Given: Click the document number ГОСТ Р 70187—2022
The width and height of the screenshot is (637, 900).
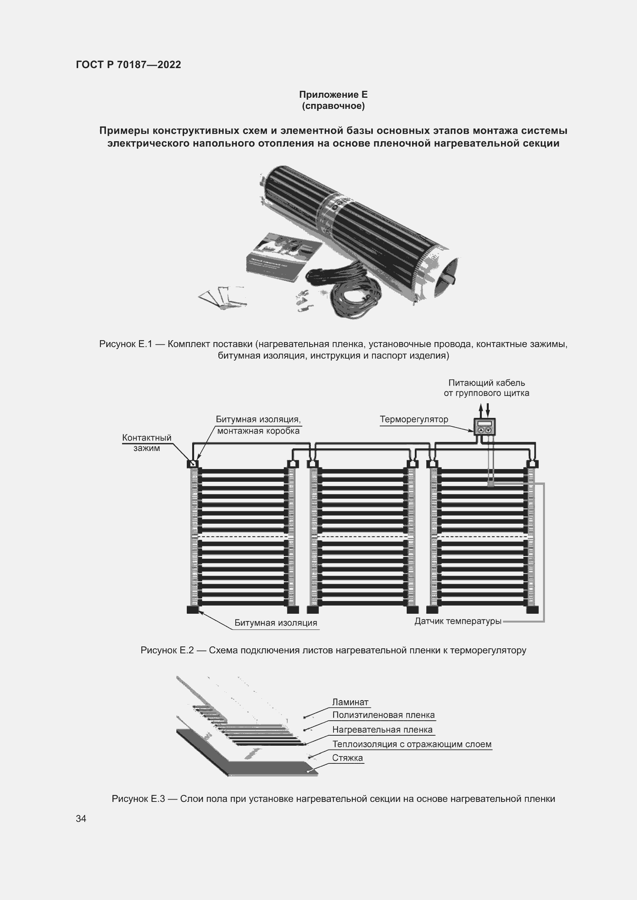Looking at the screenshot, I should click(128, 65).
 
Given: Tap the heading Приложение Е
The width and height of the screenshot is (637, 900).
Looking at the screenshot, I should click(333, 95).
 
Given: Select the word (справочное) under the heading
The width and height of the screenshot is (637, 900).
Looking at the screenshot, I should click(333, 106).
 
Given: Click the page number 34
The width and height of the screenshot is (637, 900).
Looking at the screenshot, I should click(81, 818).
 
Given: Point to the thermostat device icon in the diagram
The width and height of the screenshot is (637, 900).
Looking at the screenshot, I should click(484, 427).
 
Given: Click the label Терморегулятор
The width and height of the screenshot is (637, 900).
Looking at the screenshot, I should click(414, 419).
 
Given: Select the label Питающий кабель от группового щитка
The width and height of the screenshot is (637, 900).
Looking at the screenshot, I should click(486, 388).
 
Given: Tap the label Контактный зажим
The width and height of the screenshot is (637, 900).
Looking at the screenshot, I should click(147, 442).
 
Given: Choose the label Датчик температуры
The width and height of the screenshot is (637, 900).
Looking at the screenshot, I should click(458, 621).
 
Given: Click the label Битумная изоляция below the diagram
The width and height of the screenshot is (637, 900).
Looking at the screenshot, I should click(276, 623).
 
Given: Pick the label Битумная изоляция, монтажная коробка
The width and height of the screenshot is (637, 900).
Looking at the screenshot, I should click(258, 425).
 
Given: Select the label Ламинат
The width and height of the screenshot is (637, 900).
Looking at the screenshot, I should click(350, 702).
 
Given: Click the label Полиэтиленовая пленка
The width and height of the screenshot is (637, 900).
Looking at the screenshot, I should click(383, 715).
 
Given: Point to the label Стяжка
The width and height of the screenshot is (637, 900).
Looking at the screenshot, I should click(347, 758).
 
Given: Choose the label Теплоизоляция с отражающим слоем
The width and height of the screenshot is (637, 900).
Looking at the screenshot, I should click(411, 744).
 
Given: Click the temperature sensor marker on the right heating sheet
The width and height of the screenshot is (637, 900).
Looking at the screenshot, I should click(490, 484).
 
